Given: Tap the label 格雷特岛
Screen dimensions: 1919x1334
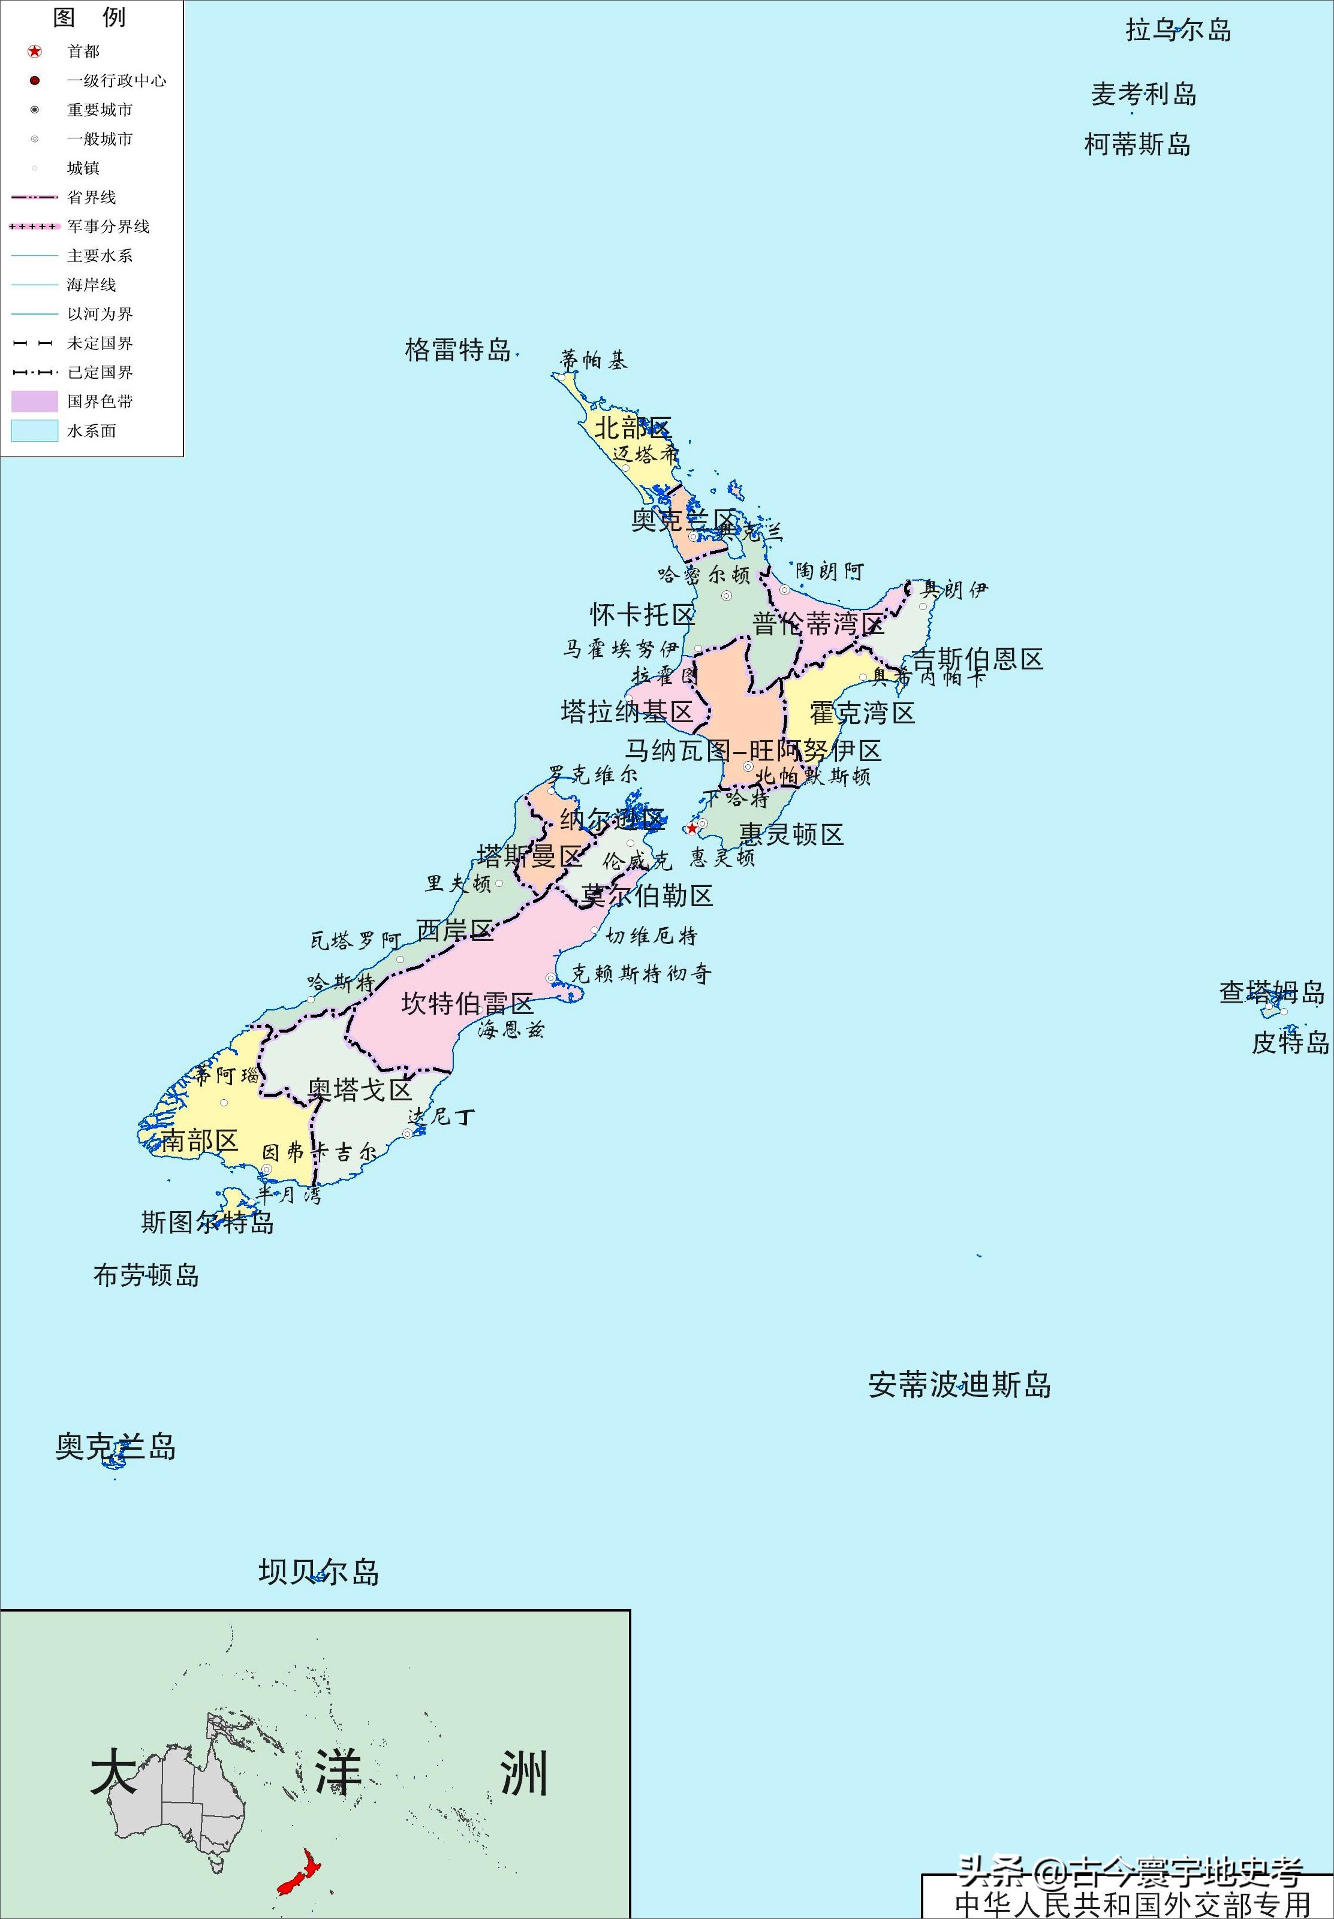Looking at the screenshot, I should (457, 350).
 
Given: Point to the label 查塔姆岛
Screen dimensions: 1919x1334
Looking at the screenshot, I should (1271, 992).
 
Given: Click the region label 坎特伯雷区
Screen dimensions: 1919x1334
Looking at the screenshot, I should (466, 1003).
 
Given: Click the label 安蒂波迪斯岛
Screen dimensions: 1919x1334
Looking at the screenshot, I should (959, 1385).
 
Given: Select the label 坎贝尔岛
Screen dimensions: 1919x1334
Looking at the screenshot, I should (318, 1572).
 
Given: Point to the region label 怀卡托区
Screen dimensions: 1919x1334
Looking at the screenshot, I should (642, 615).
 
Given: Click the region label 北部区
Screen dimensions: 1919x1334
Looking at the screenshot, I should (632, 429).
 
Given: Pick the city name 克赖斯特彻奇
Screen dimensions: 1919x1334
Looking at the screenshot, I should (641, 973).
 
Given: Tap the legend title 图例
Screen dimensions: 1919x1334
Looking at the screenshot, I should (89, 17).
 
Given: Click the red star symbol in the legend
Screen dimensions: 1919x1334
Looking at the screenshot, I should (34, 52).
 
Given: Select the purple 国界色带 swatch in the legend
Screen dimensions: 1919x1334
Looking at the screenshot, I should (34, 402).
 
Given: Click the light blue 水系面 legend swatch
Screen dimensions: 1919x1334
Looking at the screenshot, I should (34, 431).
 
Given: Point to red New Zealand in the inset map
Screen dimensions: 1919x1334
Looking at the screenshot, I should (301, 1872).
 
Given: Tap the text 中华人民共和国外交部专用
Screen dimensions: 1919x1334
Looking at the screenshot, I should (1133, 1904).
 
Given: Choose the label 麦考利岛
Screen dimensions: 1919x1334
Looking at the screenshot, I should (1143, 95).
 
